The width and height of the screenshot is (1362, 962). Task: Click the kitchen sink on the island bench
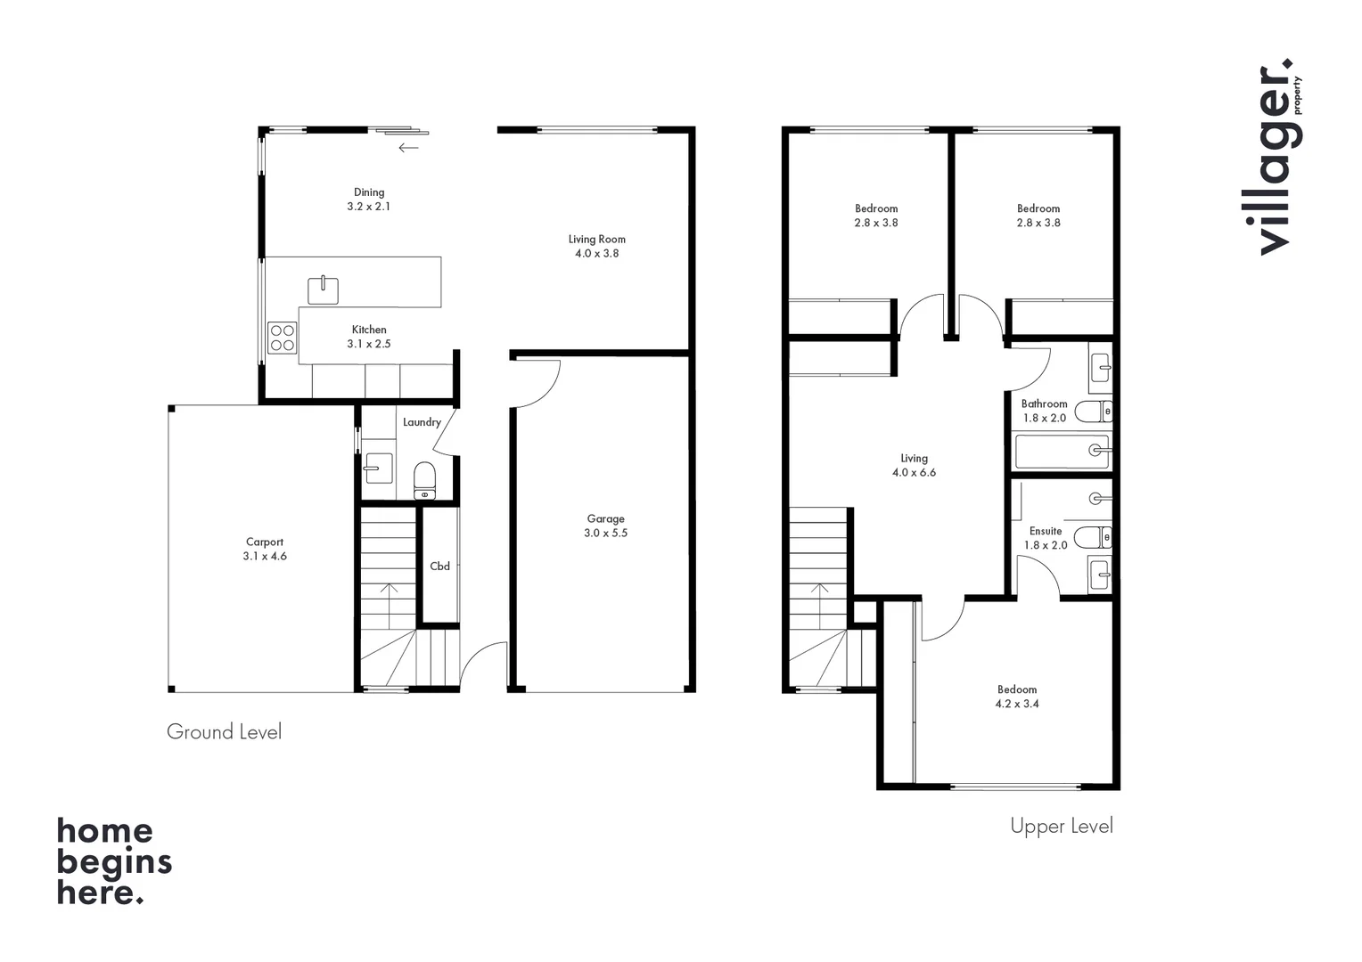coord(323,290)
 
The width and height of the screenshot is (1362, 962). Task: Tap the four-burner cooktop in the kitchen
coord(283,338)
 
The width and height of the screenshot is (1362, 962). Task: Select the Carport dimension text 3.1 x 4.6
coord(265,556)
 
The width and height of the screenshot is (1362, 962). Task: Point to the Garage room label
coord(605,518)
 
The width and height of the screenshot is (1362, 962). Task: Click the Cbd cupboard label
coord(439,566)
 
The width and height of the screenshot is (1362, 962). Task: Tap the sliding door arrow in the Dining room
coord(408,148)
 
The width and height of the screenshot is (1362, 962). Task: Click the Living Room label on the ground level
coord(596,239)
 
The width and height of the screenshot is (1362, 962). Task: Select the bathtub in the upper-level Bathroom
coord(1063,452)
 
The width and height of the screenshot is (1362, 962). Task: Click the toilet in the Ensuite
coord(1092,537)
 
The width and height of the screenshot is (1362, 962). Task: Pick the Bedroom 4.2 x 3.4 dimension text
coord(1017,704)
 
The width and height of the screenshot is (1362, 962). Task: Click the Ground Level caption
coord(224,732)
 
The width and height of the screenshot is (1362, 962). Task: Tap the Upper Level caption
coord(1061,827)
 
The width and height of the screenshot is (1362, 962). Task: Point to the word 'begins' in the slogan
coord(114,862)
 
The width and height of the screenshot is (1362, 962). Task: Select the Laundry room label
coord(422,422)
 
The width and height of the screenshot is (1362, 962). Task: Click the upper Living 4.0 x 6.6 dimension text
coord(914,473)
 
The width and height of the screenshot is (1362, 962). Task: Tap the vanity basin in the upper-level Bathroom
coord(1101,367)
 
